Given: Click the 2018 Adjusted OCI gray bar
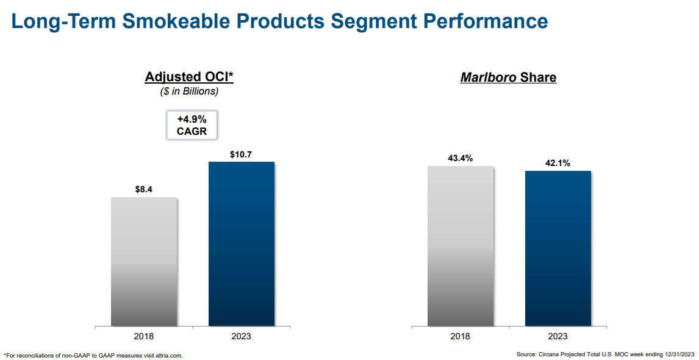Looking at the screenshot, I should [144, 262].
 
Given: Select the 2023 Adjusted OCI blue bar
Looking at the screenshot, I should [242, 244].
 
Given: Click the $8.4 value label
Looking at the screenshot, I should [144, 189].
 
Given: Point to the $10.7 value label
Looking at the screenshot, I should [241, 154].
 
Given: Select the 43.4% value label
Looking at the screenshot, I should [461, 159].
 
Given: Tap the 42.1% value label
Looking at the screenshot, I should [557, 163].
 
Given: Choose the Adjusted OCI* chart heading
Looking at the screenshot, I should [190, 77].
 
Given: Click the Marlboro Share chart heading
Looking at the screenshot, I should [508, 78].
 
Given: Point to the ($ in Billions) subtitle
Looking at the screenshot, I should [189, 92].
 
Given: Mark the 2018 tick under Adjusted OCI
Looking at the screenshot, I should [144, 336].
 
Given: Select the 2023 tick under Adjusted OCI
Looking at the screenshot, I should [241, 336].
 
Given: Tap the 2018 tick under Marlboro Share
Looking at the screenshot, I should [461, 336].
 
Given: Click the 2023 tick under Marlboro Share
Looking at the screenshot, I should [557, 336].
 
